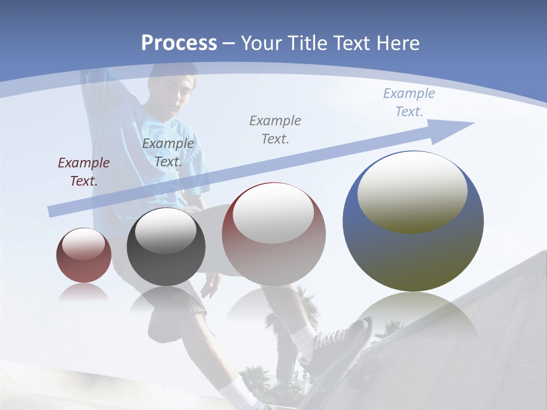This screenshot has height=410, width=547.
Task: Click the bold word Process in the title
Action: [x=179, y=43]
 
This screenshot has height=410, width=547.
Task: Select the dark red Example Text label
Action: [x=83, y=172]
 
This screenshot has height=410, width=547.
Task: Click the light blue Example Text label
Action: [x=409, y=102]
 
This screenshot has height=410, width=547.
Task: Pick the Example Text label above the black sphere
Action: [x=168, y=153]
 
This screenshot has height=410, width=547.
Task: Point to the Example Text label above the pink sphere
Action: [x=275, y=130]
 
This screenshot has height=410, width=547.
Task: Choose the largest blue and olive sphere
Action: [x=413, y=251]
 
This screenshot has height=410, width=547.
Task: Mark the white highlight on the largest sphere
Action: [x=413, y=191]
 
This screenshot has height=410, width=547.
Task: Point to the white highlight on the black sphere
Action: [x=166, y=231]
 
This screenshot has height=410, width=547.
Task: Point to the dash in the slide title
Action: [x=229, y=43]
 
